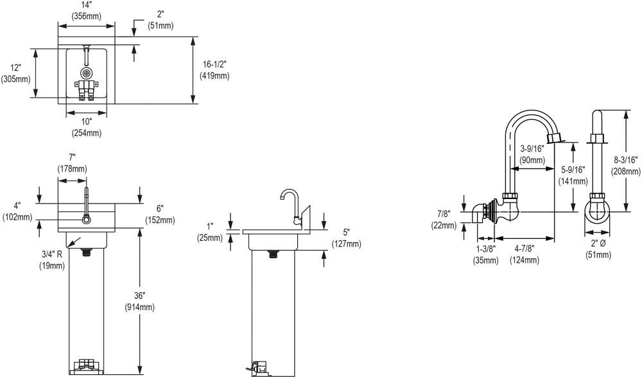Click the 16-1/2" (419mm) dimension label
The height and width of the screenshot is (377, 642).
(x=216, y=69)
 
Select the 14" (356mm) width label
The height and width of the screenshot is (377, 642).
(x=85, y=11)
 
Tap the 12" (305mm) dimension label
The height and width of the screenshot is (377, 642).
(x=16, y=74)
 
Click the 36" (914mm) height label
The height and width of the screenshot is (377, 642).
(x=139, y=302)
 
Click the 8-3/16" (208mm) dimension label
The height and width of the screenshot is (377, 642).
(x=626, y=166)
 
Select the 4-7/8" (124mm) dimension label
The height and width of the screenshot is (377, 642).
(x=524, y=254)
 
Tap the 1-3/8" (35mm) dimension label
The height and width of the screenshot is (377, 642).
(x=485, y=254)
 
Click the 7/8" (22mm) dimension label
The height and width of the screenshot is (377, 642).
(x=444, y=220)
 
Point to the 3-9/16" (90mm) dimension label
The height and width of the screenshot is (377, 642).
(x=532, y=153)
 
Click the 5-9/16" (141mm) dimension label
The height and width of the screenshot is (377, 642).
(x=573, y=175)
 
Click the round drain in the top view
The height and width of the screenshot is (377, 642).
(x=85, y=73)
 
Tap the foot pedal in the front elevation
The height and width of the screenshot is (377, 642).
(x=86, y=366)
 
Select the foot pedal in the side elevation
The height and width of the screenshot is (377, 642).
(x=257, y=367)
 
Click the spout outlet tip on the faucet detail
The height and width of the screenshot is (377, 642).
(x=554, y=137)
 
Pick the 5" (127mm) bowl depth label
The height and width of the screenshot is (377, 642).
(x=345, y=238)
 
